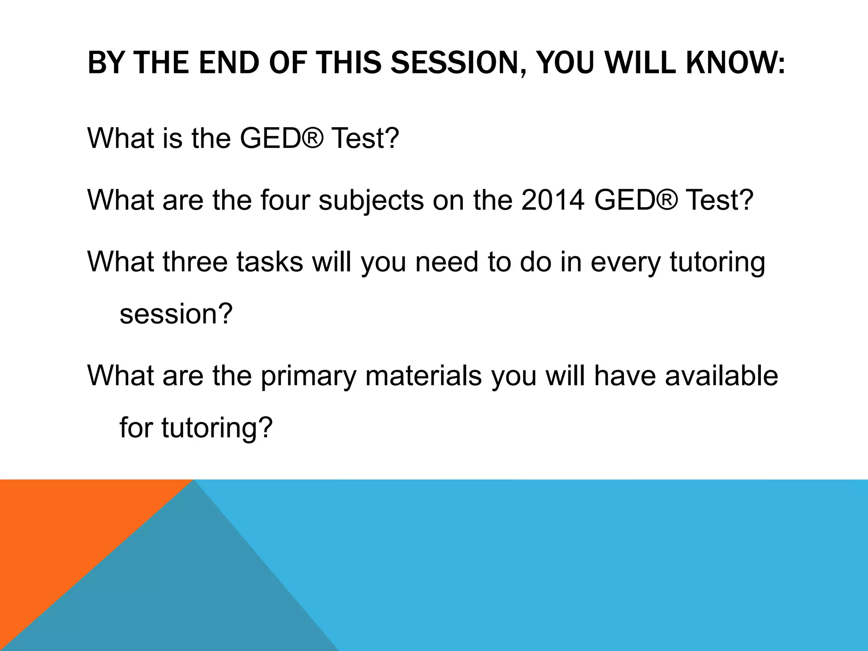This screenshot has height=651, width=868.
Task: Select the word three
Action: (195, 262)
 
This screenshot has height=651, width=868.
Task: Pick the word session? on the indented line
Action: (176, 314)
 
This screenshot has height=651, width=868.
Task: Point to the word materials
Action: (423, 376)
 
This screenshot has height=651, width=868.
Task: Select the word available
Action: (721, 376)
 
